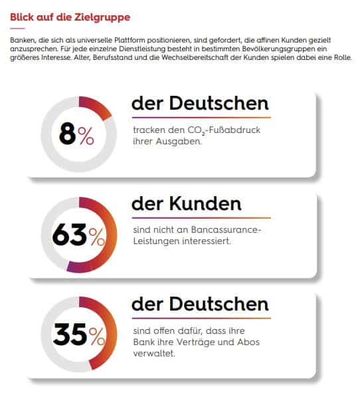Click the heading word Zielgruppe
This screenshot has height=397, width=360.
click(x=102, y=18)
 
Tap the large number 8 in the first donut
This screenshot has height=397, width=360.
click(x=68, y=134)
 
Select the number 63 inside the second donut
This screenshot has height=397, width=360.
click(x=70, y=235)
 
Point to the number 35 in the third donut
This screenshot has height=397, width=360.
click(x=70, y=334)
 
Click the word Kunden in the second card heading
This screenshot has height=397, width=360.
click(x=205, y=203)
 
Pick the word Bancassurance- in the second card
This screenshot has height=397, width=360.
click(x=226, y=229)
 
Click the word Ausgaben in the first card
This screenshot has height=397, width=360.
click(x=179, y=141)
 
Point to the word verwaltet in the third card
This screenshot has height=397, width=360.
click(x=153, y=353)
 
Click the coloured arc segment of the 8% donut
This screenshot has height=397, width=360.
click(x=98, y=105)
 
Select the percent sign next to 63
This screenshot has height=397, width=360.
click(x=97, y=237)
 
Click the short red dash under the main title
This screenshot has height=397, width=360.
click(x=17, y=29)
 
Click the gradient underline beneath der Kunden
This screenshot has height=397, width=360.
click(x=201, y=217)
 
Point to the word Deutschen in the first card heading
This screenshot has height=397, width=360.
click(x=219, y=103)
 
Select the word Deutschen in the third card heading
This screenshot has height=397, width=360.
click(x=219, y=304)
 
